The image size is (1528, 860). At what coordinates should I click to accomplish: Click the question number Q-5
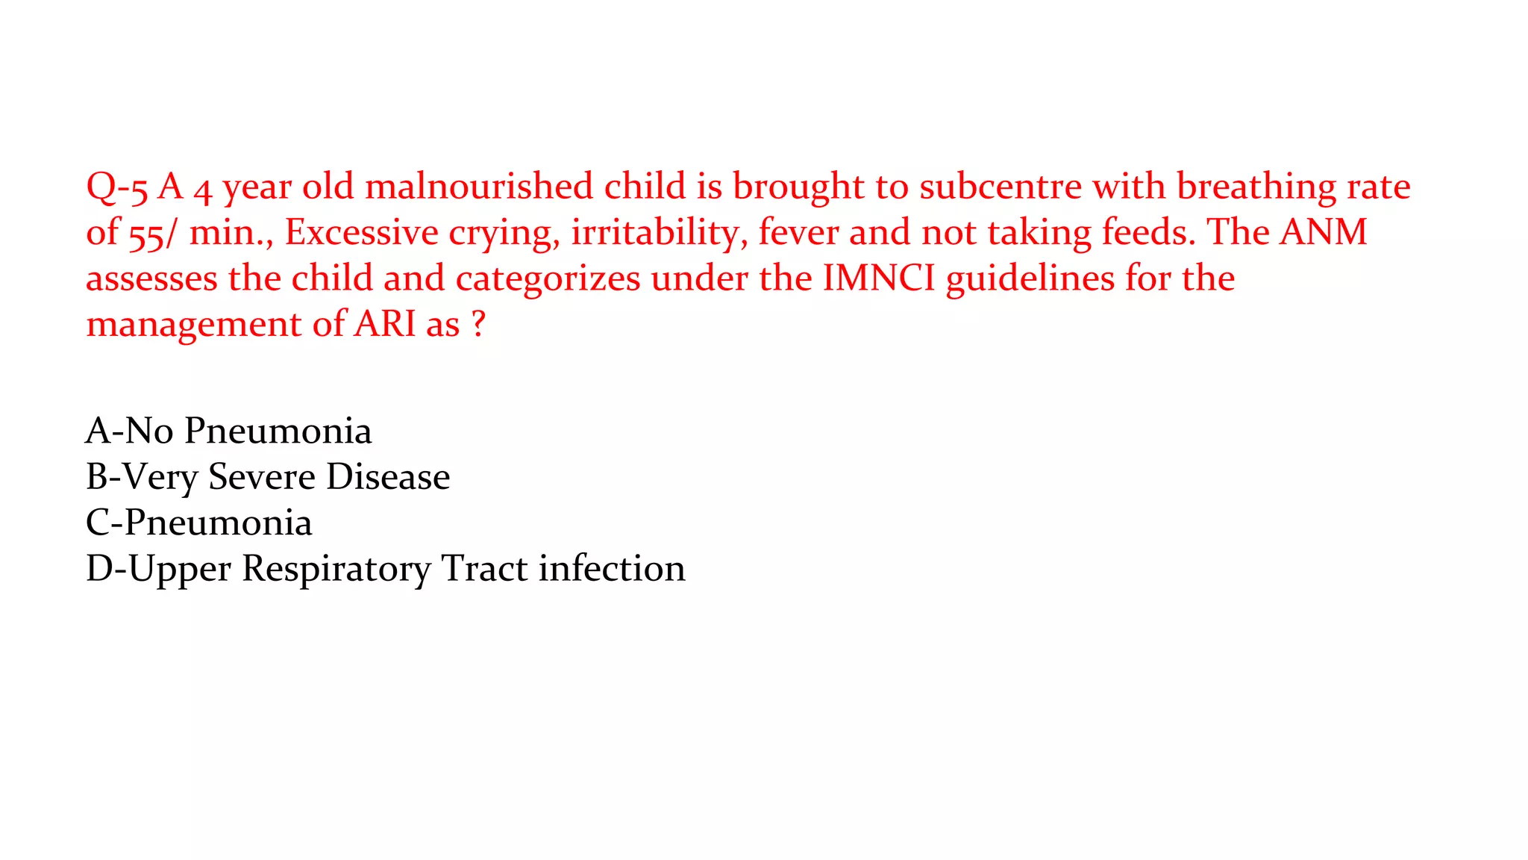pyautogui.click(x=117, y=187)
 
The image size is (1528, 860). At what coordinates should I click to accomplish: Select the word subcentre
pyautogui.click(x=1000, y=187)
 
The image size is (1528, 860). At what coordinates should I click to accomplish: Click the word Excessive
pyautogui.click(x=361, y=232)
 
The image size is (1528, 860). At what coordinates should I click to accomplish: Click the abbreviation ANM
pyautogui.click(x=1324, y=232)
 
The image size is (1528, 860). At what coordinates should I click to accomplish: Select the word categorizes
pyautogui.click(x=548, y=278)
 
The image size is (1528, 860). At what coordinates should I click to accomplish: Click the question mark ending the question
pyautogui.click(x=478, y=325)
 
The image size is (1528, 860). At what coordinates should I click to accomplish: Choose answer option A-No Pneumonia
pyautogui.click(x=228, y=431)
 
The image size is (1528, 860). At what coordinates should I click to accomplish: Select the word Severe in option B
pyautogui.click(x=260, y=477)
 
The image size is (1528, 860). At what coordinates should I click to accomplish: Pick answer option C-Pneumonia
pyautogui.click(x=198, y=523)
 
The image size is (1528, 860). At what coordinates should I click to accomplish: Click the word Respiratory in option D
pyautogui.click(x=336, y=569)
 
